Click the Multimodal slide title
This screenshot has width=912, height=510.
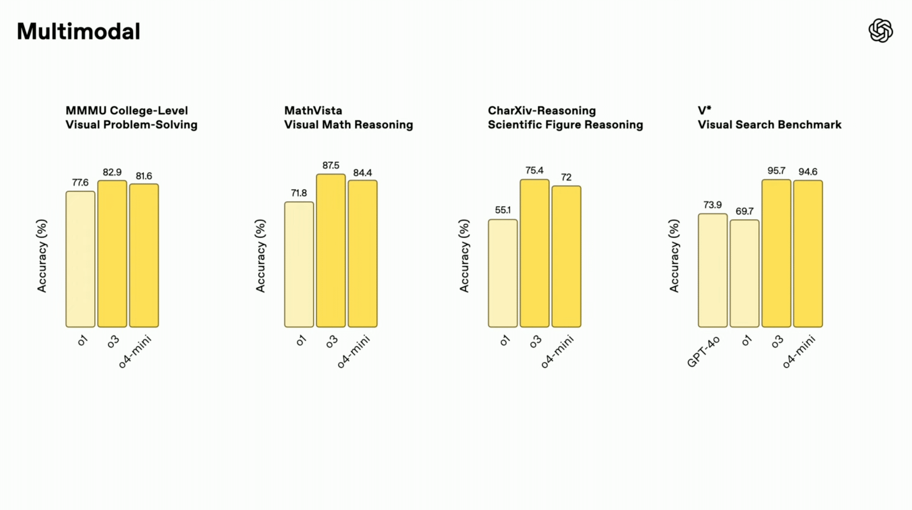pyautogui.click(x=78, y=32)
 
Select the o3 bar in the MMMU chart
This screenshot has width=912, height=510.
pyautogui.click(x=112, y=254)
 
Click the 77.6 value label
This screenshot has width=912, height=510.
pyautogui.click(x=80, y=182)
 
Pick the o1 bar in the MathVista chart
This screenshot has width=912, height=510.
pyautogui.click(x=299, y=264)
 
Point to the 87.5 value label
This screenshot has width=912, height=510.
pyautogui.click(x=331, y=166)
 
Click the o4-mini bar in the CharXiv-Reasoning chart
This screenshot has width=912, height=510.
pyautogui.click(x=566, y=256)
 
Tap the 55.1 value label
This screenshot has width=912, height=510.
pyautogui.click(x=502, y=210)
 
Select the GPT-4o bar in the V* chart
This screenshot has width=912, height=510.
pyautogui.click(x=712, y=270)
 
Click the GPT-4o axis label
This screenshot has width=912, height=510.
pyautogui.click(x=703, y=352)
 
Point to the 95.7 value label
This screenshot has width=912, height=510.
pyautogui.click(x=776, y=171)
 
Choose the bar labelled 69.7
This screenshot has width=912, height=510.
pyautogui.click(x=744, y=273)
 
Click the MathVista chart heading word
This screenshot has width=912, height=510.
pyautogui.click(x=313, y=111)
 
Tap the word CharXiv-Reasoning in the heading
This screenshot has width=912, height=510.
pyautogui.click(x=542, y=111)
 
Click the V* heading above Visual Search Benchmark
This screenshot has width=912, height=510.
pyautogui.click(x=704, y=110)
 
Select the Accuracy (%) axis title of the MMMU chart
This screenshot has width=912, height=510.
pyautogui.click(x=42, y=256)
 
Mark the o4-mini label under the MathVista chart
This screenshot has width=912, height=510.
pyautogui.click(x=353, y=351)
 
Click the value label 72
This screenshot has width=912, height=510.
pyautogui.click(x=566, y=177)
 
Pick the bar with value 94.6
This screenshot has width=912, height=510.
pyautogui.click(x=808, y=254)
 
